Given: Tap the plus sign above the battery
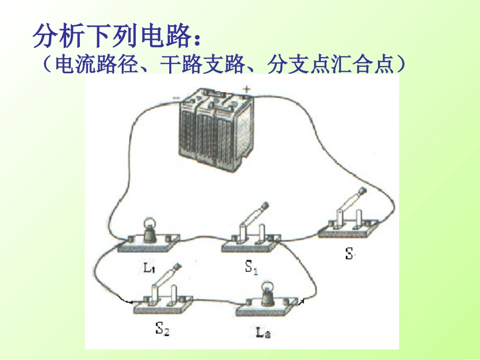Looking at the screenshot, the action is [x=247, y=89].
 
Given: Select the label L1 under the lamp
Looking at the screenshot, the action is [x=149, y=268].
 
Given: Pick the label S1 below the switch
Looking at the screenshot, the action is [x=251, y=267].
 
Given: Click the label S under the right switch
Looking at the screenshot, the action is [x=349, y=254].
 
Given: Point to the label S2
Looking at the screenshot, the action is [x=162, y=330].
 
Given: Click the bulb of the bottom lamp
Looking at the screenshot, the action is [x=266, y=290].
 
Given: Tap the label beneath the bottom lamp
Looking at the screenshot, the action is [x=263, y=333].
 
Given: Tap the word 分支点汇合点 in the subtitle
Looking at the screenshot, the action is [x=328, y=65].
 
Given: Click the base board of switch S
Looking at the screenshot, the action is [x=349, y=230].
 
